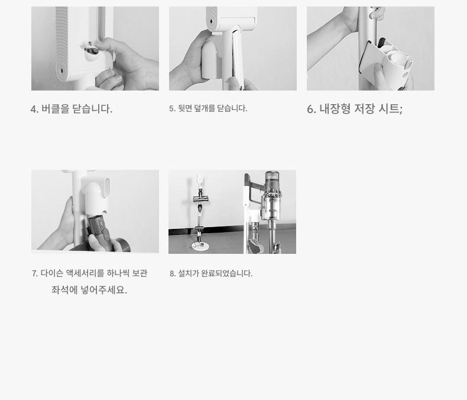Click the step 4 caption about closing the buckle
(72, 109)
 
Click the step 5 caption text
(208, 108)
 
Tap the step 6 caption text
(355, 109)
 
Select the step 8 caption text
(211, 273)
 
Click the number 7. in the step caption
(34, 273)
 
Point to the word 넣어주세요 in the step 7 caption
(104, 290)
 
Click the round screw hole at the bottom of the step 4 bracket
(62, 71)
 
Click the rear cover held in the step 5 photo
(239, 57)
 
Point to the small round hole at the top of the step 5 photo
(212, 21)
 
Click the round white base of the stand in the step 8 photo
(200, 246)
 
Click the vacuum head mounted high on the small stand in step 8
(200, 198)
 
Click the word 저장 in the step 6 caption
(364, 109)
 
